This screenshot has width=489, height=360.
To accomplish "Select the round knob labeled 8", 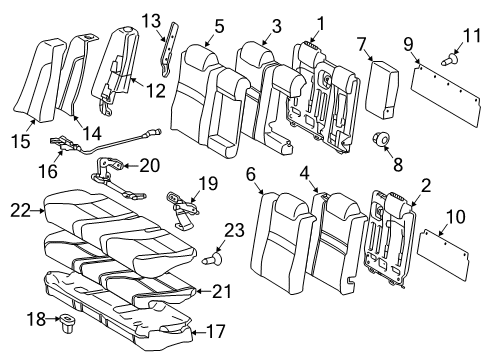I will tap(382, 140).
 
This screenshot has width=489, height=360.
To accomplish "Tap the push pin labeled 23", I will tap(212, 258).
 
